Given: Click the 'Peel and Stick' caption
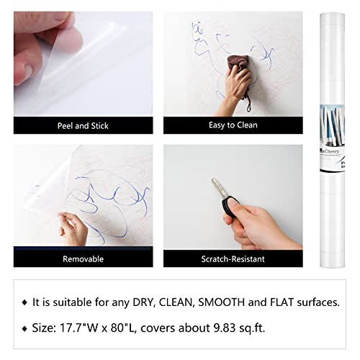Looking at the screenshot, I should pyautogui.click(x=84, y=125).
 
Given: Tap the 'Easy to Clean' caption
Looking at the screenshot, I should pyautogui.click(x=232, y=125).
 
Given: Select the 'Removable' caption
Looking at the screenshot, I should pyautogui.click(x=84, y=258).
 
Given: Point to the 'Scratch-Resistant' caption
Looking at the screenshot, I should pyautogui.click(x=232, y=258).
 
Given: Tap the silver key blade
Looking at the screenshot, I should pyautogui.click(x=217, y=189).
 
